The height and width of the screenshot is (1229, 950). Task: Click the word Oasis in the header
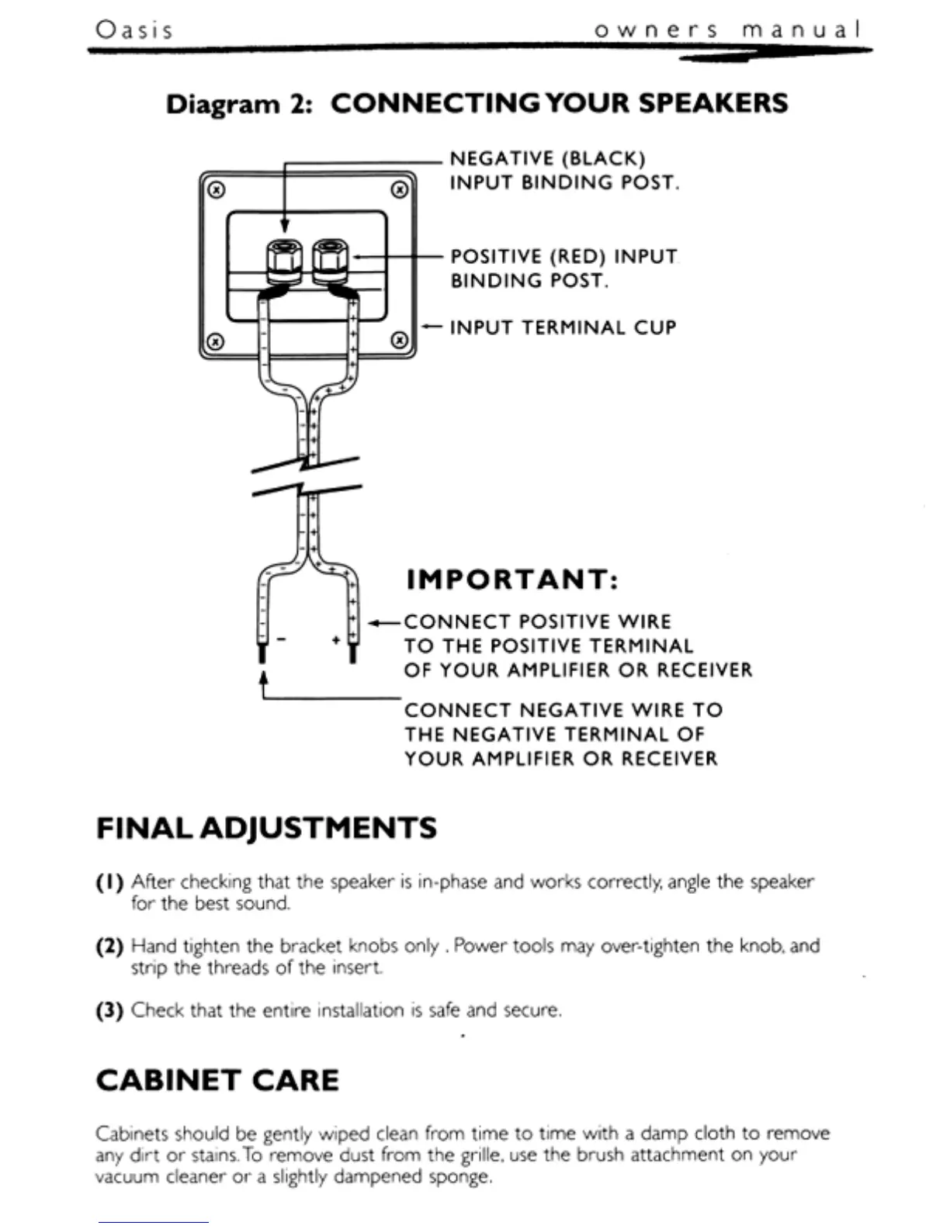(x=133, y=29)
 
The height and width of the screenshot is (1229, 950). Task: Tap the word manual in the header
(x=801, y=30)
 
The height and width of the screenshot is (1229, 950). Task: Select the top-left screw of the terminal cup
(x=217, y=189)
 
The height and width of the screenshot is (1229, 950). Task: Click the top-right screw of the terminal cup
(x=399, y=189)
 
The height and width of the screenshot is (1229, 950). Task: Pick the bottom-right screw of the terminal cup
(x=399, y=341)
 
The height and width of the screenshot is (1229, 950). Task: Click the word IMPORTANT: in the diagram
(x=512, y=580)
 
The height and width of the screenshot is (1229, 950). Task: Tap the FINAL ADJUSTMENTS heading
(x=266, y=828)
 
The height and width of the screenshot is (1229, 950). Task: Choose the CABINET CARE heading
(x=217, y=1080)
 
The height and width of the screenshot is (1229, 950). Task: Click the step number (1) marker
(x=109, y=882)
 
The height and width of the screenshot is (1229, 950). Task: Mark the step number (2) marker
(x=109, y=947)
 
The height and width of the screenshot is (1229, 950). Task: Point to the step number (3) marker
(x=109, y=1011)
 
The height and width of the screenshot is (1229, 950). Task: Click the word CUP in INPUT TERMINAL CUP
(x=654, y=327)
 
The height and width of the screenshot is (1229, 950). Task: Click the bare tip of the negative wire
(x=262, y=653)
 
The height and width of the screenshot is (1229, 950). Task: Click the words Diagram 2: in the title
(x=239, y=104)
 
